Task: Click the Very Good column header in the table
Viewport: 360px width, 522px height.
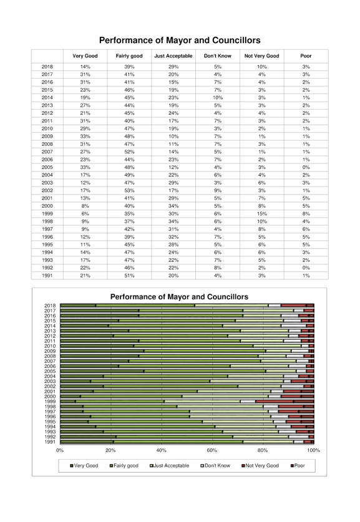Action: (85, 56)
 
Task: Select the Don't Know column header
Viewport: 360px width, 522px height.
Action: (218, 56)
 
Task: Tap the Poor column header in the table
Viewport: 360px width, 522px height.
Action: (306, 56)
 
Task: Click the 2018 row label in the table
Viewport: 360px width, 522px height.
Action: (47, 67)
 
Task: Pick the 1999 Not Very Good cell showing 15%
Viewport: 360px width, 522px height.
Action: (262, 214)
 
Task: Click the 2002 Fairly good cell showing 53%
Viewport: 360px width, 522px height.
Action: (129, 190)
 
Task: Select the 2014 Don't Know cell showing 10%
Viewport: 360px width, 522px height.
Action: (218, 97)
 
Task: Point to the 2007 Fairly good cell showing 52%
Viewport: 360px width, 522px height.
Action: (129, 152)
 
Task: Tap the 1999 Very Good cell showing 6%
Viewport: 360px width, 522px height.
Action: (85, 214)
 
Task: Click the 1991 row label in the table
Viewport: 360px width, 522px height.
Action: (47, 276)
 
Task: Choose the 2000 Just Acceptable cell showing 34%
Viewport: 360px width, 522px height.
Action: (173, 206)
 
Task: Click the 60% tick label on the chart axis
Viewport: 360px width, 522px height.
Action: (212, 450)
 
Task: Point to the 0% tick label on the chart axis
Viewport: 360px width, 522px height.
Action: (60, 450)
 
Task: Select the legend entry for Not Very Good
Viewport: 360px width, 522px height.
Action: (260, 465)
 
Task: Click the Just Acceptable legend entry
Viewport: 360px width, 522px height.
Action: (170, 465)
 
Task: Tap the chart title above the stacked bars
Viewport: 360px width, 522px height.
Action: (179, 297)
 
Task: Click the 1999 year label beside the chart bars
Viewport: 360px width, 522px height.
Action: (50, 402)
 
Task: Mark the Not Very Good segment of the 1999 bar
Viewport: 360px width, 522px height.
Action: (275, 402)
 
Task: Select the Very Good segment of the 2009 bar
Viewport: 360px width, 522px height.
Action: (102, 351)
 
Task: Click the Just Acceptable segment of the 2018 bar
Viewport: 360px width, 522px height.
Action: (232, 306)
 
